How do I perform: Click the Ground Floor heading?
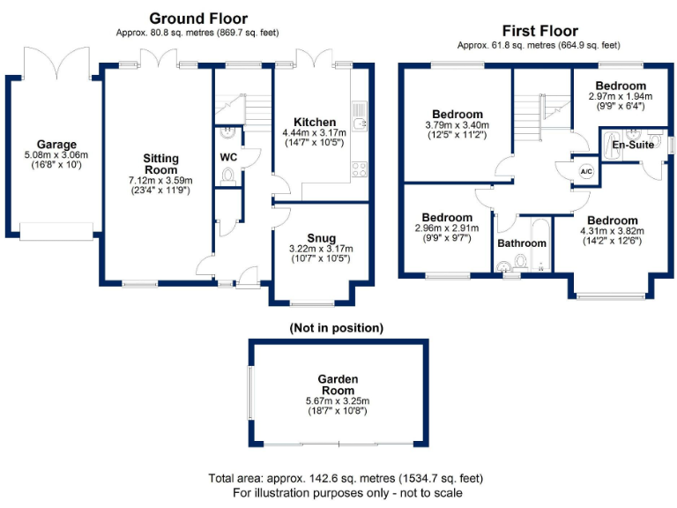pos(198,18)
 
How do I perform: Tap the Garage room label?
pos(56,145)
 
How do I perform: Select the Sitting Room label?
pos(161,164)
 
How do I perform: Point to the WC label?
pos(229,157)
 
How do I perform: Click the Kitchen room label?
pos(315,122)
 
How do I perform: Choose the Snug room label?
pos(321,237)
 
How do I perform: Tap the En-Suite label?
pos(634,145)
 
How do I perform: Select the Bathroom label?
pos(522,243)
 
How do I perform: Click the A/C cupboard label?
pos(585,171)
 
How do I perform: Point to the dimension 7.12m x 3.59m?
pos(161,181)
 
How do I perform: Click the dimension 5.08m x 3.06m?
pos(56,155)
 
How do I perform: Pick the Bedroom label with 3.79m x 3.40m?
pos(457,114)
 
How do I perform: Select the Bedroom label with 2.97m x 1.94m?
pos(620,86)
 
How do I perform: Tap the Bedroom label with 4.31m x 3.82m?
pos(612,220)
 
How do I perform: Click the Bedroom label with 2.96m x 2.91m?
pos(447,217)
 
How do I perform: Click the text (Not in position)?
pos(336,328)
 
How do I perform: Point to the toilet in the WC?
pos(229,177)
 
